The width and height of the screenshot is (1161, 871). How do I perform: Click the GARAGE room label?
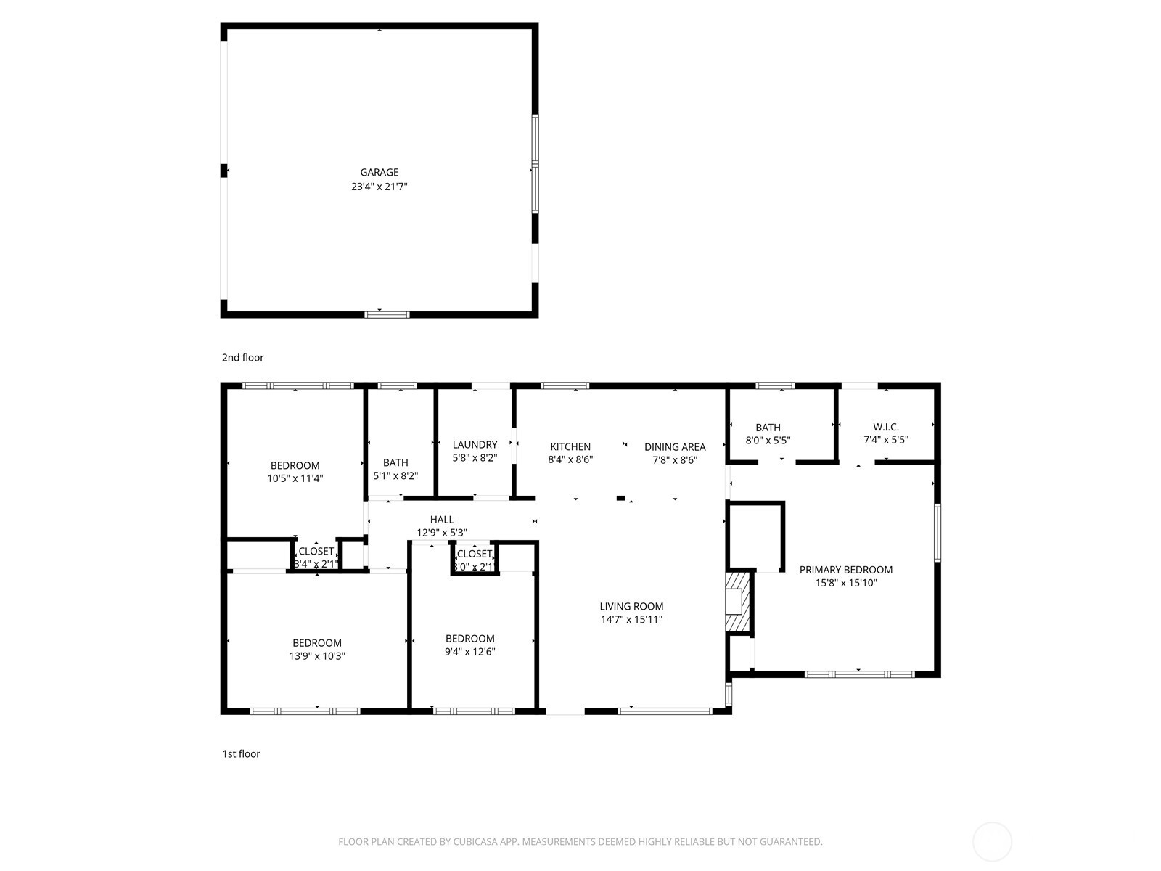pos(380,173)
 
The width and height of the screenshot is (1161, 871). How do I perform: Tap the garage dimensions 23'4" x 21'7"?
pos(380,187)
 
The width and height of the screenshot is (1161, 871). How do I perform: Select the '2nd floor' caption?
pos(243,357)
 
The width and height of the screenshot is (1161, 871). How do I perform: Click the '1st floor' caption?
pos(241,753)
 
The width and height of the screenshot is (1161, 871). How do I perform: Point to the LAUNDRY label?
pos(475,445)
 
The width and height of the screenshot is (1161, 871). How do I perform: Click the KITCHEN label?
pos(570,446)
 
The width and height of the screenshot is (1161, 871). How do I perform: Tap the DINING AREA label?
pos(675,446)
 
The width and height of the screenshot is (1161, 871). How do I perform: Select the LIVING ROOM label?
pos(631,606)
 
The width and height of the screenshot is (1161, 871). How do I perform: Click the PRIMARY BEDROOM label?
pos(846,570)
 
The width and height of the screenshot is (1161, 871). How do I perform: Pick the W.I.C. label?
pos(886,428)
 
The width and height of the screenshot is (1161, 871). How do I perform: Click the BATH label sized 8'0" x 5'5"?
pos(768,428)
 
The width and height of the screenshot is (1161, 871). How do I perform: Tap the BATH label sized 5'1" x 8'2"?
pos(395,462)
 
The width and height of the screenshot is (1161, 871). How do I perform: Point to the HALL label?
pos(442,519)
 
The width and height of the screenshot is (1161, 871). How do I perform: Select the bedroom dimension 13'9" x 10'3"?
pos(317,655)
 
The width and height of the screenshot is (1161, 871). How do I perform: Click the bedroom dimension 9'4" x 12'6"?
pos(470,652)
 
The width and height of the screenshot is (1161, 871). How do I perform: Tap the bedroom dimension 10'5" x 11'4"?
pos(295,478)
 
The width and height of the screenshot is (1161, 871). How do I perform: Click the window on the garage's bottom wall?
pos(387,314)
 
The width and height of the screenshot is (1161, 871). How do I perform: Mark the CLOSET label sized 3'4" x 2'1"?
pos(316,552)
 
